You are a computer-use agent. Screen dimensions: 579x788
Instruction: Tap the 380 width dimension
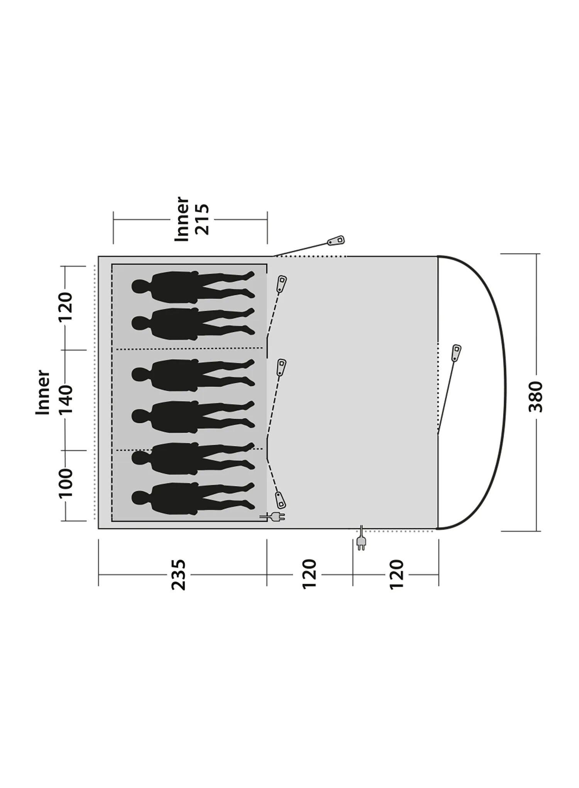536,396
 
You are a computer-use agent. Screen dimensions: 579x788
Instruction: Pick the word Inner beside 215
182,219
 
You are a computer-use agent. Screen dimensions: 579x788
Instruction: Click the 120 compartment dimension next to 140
66,308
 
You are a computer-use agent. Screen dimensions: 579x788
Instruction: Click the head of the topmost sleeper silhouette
139,286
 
